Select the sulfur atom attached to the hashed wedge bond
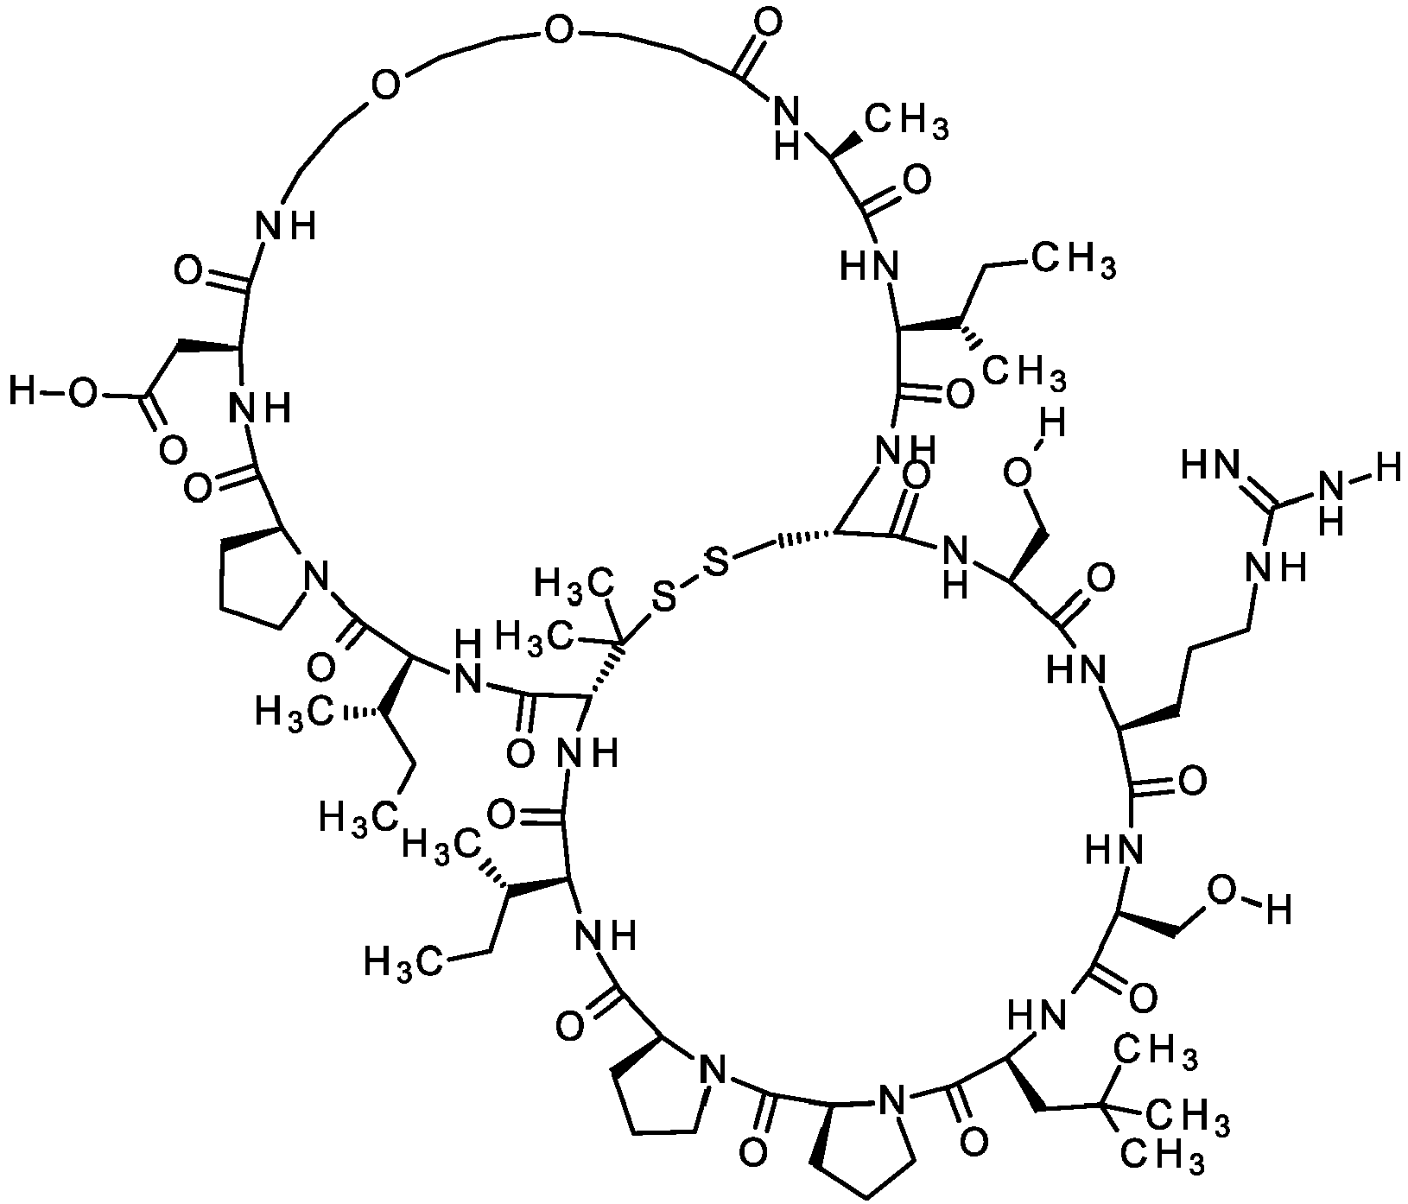click(716, 565)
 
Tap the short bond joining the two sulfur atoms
click(689, 581)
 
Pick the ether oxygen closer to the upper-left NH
click(384, 86)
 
